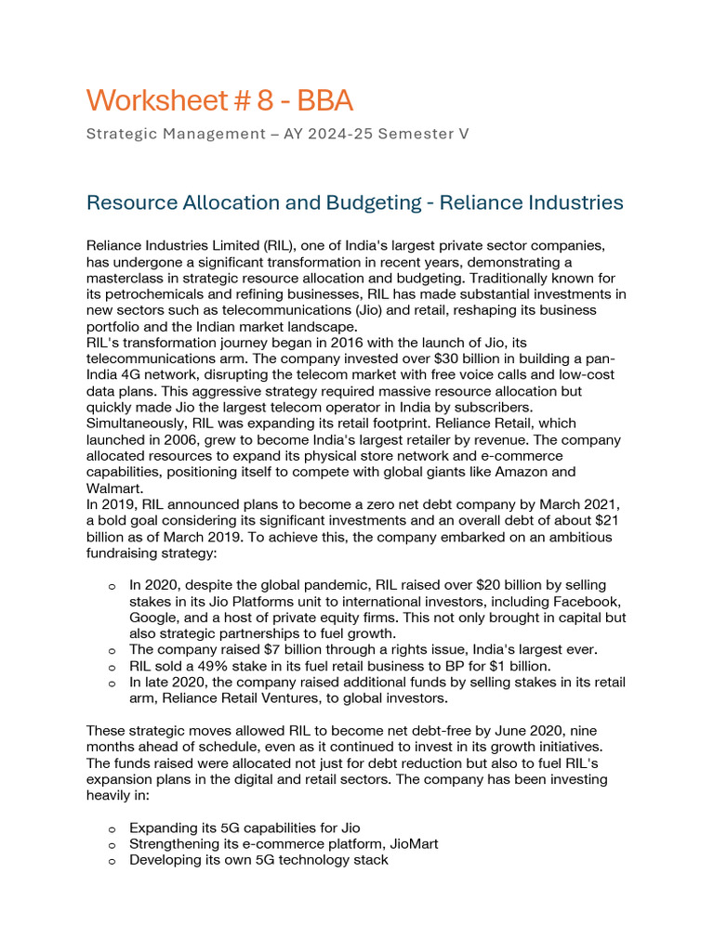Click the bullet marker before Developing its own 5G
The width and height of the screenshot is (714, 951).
point(112,861)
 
